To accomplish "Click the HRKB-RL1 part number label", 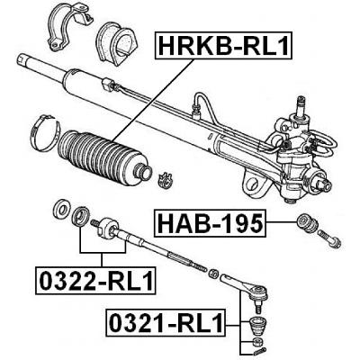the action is coord(223,45).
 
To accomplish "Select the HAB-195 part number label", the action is coord(210,223).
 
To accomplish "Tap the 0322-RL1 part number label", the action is coord(96,280).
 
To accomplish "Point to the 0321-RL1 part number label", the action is coord(166,323).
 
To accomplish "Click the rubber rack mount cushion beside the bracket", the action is coord(116,42).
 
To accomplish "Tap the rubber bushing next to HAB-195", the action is coord(308,223).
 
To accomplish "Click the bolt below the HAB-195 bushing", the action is coord(329,239).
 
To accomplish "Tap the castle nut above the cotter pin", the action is coord(258,341).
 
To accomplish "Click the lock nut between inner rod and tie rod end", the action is coord(213,273).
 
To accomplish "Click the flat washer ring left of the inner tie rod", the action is coord(60,208).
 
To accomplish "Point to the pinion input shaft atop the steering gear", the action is coord(301,105).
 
